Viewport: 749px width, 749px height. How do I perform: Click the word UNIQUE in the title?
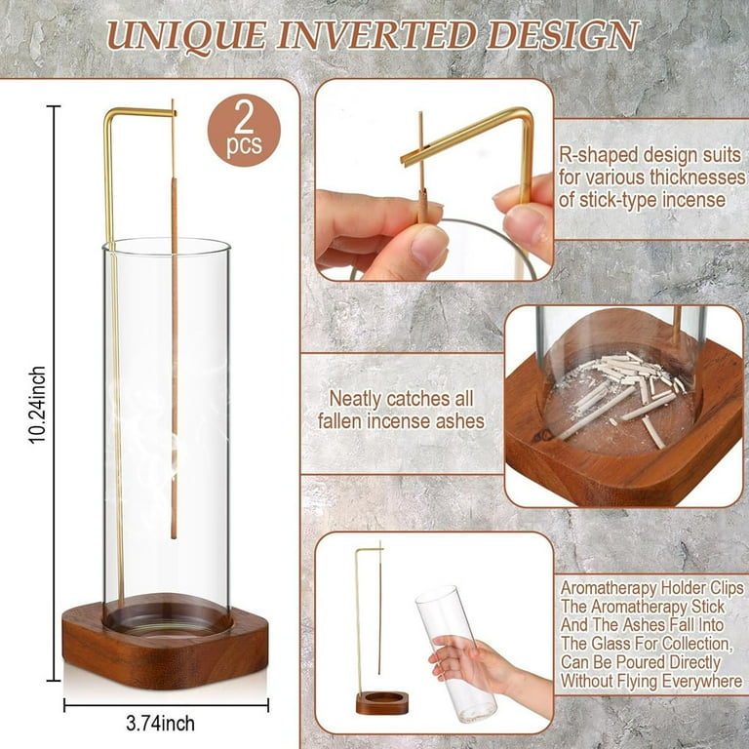pos(186,36)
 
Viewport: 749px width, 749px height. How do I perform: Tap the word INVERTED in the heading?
pos(375,35)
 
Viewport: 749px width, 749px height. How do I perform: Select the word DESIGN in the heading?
pos(563,35)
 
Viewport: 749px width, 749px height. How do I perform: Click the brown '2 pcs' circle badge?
pos(244,130)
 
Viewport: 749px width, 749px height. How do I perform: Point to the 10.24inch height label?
pos(37,405)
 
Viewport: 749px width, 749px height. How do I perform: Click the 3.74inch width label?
pos(161,724)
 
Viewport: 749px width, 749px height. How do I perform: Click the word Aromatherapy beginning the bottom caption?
pos(604,589)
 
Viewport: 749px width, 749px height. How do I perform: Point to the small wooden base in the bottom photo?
pos(381,702)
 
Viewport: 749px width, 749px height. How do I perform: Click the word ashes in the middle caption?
pos(458,421)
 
